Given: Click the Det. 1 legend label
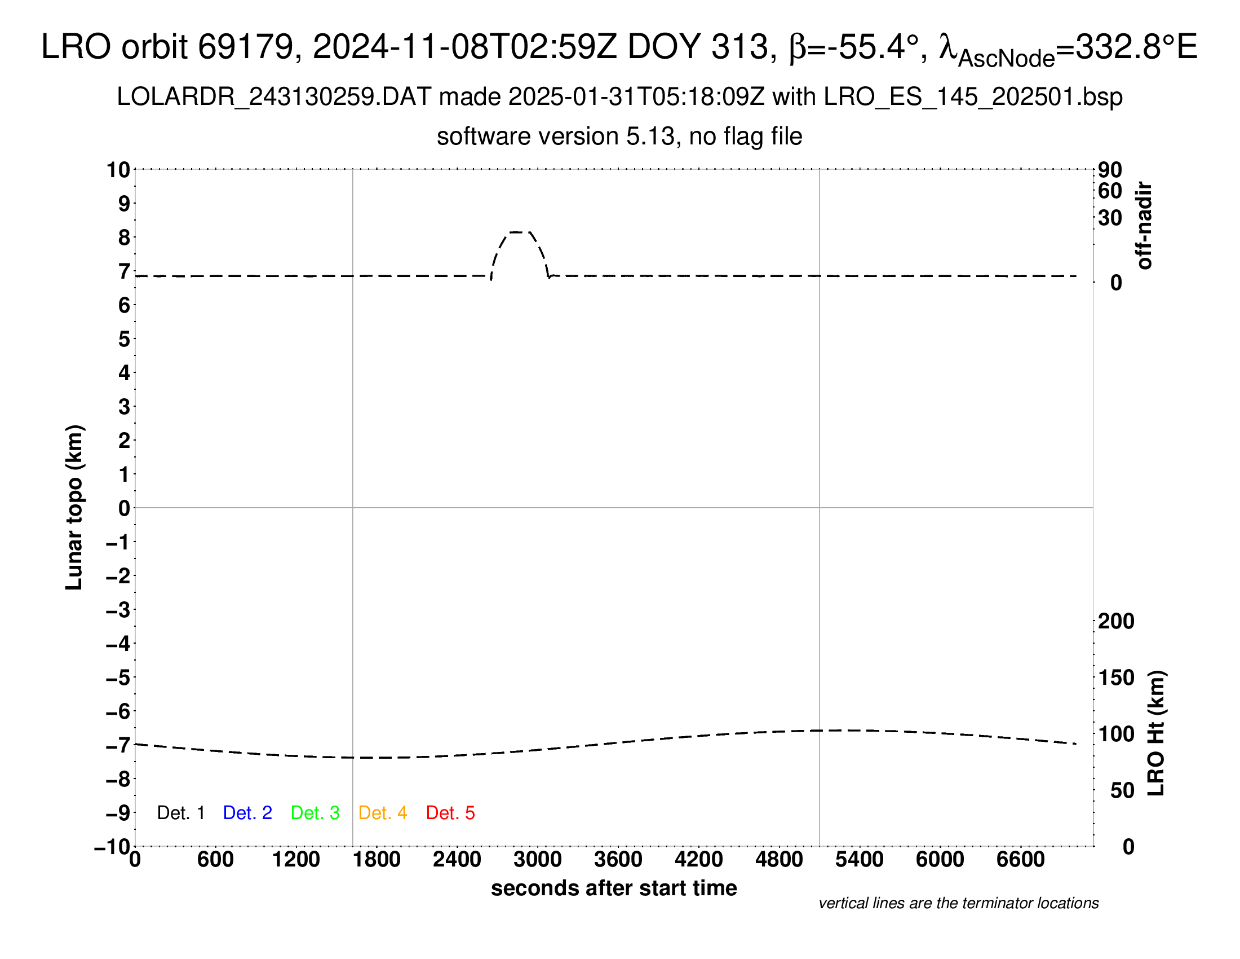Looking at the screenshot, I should point(180,813).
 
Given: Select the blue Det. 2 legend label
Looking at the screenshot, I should point(247,813).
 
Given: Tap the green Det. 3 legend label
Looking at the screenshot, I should point(315,813).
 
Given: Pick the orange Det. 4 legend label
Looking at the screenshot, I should point(383,813).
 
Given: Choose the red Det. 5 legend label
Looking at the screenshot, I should point(450,813).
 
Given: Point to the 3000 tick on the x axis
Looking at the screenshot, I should point(537,860).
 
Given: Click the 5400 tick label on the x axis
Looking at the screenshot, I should point(859,860).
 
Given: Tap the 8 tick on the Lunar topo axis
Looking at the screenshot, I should point(124,237).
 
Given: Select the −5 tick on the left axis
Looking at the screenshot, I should point(118,678).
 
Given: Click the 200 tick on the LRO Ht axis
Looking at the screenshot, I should point(1115,621).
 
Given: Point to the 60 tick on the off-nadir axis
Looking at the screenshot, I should point(1110,191).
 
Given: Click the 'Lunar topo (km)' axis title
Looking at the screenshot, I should point(74,507).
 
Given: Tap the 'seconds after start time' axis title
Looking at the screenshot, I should point(614,888).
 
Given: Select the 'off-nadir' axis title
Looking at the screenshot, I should point(1144,226).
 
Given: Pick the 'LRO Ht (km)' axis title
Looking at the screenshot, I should point(1156,733).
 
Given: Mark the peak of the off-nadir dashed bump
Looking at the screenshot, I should point(520,232).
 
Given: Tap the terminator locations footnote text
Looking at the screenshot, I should point(958,903).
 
